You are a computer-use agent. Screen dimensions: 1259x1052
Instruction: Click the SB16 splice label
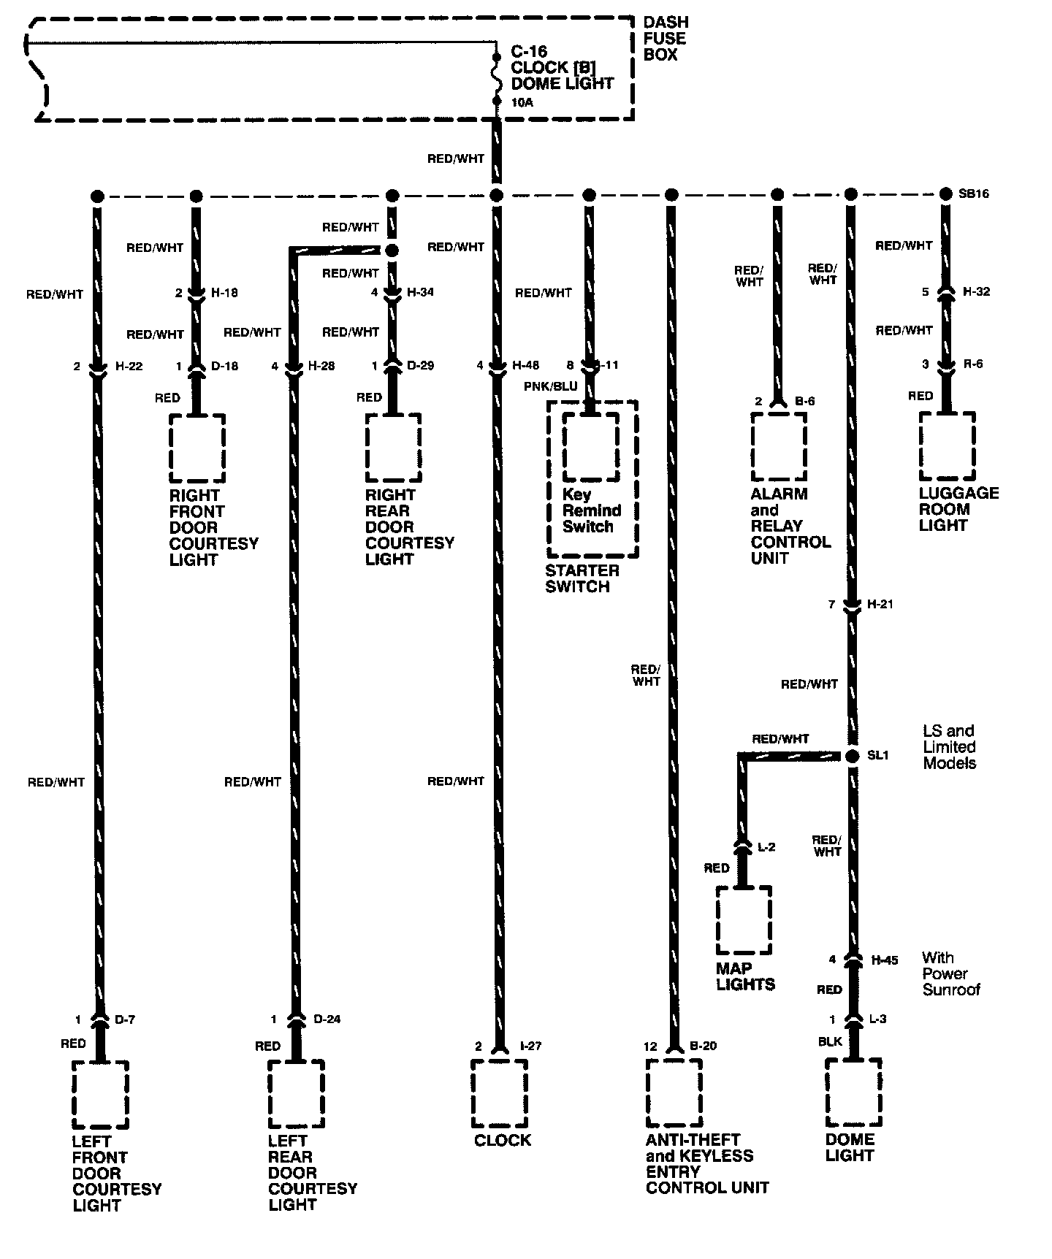[973, 194]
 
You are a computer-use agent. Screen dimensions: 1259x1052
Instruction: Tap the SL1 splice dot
[851, 757]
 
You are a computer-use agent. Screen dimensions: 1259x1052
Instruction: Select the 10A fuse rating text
[522, 103]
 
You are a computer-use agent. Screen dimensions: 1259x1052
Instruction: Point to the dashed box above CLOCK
[499, 1092]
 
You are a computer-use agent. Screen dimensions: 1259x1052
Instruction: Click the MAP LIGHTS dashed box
[744, 920]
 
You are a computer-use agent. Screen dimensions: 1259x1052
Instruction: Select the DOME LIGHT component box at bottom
[853, 1092]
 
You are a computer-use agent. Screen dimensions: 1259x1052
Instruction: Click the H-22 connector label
[129, 366]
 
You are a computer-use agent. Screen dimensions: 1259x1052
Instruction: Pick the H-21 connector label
[880, 605]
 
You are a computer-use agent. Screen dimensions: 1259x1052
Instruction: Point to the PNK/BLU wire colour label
[550, 386]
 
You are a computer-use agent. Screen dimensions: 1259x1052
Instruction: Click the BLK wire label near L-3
[830, 1042]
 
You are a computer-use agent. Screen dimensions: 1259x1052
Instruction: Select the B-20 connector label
[703, 1046]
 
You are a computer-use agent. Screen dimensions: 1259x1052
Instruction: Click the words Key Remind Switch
[591, 510]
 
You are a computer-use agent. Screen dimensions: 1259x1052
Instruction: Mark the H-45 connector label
[884, 960]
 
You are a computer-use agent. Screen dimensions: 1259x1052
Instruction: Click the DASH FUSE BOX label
[665, 39]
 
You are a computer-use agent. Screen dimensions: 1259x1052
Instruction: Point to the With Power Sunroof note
[950, 973]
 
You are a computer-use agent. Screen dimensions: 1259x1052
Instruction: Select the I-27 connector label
[530, 1046]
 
